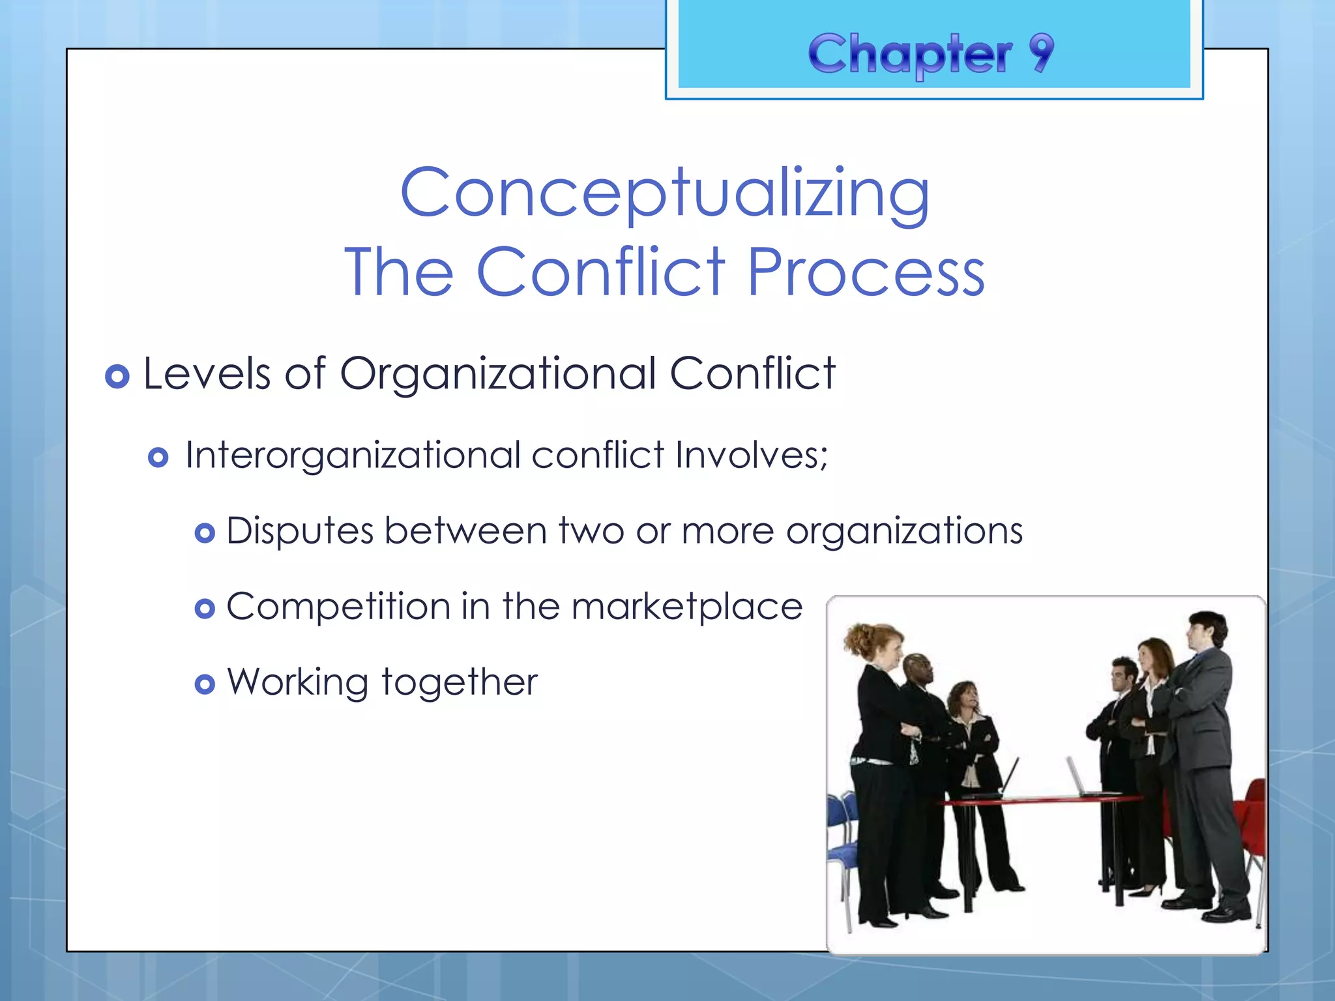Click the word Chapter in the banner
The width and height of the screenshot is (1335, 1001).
910,55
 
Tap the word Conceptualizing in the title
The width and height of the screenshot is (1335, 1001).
665,194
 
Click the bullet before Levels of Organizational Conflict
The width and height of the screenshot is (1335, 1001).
117,376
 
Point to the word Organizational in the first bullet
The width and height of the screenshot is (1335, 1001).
498,374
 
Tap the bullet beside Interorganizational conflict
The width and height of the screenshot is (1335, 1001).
158,457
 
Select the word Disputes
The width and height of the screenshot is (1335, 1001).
300,530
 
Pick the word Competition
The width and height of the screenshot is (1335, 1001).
338,607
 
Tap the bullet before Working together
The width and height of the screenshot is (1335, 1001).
205,684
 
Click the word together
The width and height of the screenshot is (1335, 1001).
460,683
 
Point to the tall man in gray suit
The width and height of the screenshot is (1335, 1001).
1206,749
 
